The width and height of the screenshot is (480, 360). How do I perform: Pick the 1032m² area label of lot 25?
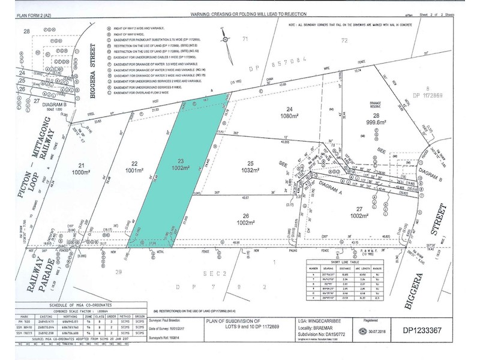(250, 170)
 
